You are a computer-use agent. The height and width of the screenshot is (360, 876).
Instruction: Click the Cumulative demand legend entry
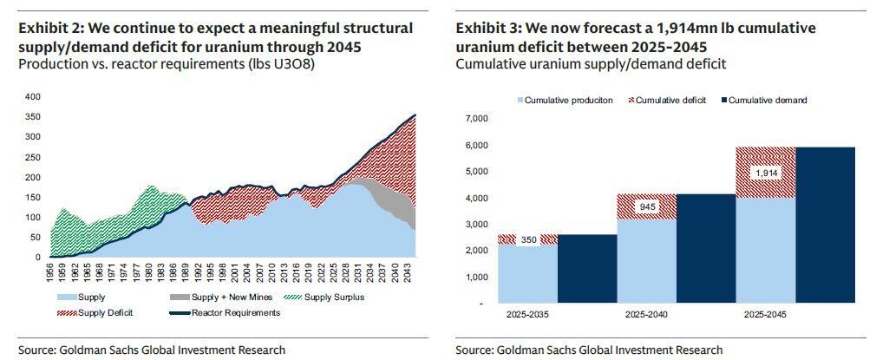click(x=762, y=101)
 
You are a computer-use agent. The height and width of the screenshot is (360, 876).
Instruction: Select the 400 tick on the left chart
click(x=33, y=96)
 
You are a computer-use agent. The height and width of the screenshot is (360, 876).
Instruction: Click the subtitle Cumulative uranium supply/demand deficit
click(x=591, y=63)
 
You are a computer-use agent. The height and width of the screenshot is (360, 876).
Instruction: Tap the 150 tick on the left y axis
click(x=33, y=197)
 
